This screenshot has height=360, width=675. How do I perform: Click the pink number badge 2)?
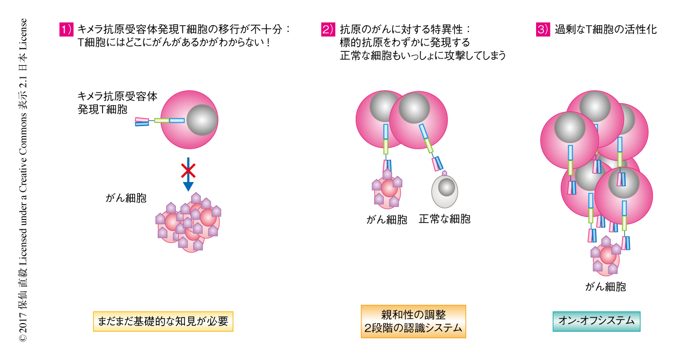click(328, 29)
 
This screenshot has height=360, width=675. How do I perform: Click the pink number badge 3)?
click(543, 29)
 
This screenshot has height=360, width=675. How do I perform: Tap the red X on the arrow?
click(188, 171)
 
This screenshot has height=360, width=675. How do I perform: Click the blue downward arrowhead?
click(188, 186)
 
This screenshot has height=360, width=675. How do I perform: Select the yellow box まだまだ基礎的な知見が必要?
click(163, 322)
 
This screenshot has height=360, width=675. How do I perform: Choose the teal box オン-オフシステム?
click(596, 322)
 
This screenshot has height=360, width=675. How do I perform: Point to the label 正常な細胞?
click(444, 219)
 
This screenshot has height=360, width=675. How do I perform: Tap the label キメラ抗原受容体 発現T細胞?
click(117, 103)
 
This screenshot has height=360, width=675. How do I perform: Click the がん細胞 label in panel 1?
click(126, 198)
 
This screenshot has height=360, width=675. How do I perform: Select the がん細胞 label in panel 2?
click(387, 219)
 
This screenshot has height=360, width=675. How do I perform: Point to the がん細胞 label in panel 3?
click(605, 286)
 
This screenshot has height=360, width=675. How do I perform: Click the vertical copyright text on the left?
click(23, 179)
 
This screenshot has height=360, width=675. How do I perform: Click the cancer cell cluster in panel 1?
click(189, 223)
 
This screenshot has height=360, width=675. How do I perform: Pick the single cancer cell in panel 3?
click(606, 257)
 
